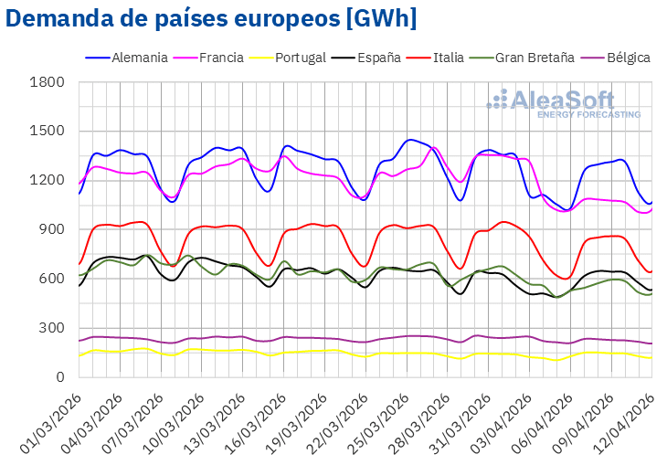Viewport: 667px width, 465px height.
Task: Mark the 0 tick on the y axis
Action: click(59, 377)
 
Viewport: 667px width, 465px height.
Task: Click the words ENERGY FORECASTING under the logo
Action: click(588, 114)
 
